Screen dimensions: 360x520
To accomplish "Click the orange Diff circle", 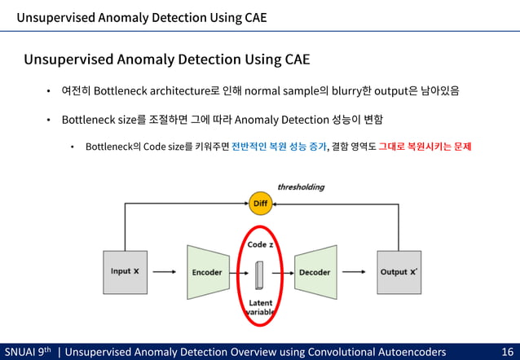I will tap(260, 203).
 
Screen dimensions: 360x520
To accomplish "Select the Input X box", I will tap(125, 272).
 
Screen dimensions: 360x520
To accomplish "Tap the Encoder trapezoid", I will tap(206, 272).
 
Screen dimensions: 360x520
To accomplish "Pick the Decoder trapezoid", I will tap(314, 272).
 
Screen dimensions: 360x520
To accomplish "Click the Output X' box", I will tap(399, 272).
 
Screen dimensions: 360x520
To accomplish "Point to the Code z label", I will tap(260, 244).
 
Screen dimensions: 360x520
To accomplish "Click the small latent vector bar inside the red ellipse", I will tap(259, 274).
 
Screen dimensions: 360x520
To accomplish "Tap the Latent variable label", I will tap(261, 308).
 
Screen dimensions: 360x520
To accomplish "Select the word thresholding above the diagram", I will tap(301, 187).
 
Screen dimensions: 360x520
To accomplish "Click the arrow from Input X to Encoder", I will tap(165, 272).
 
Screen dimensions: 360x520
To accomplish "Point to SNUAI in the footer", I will tap(20, 351).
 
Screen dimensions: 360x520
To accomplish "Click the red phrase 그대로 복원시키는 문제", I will tap(424, 147).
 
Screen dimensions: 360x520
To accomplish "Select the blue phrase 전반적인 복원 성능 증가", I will tap(278, 147).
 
